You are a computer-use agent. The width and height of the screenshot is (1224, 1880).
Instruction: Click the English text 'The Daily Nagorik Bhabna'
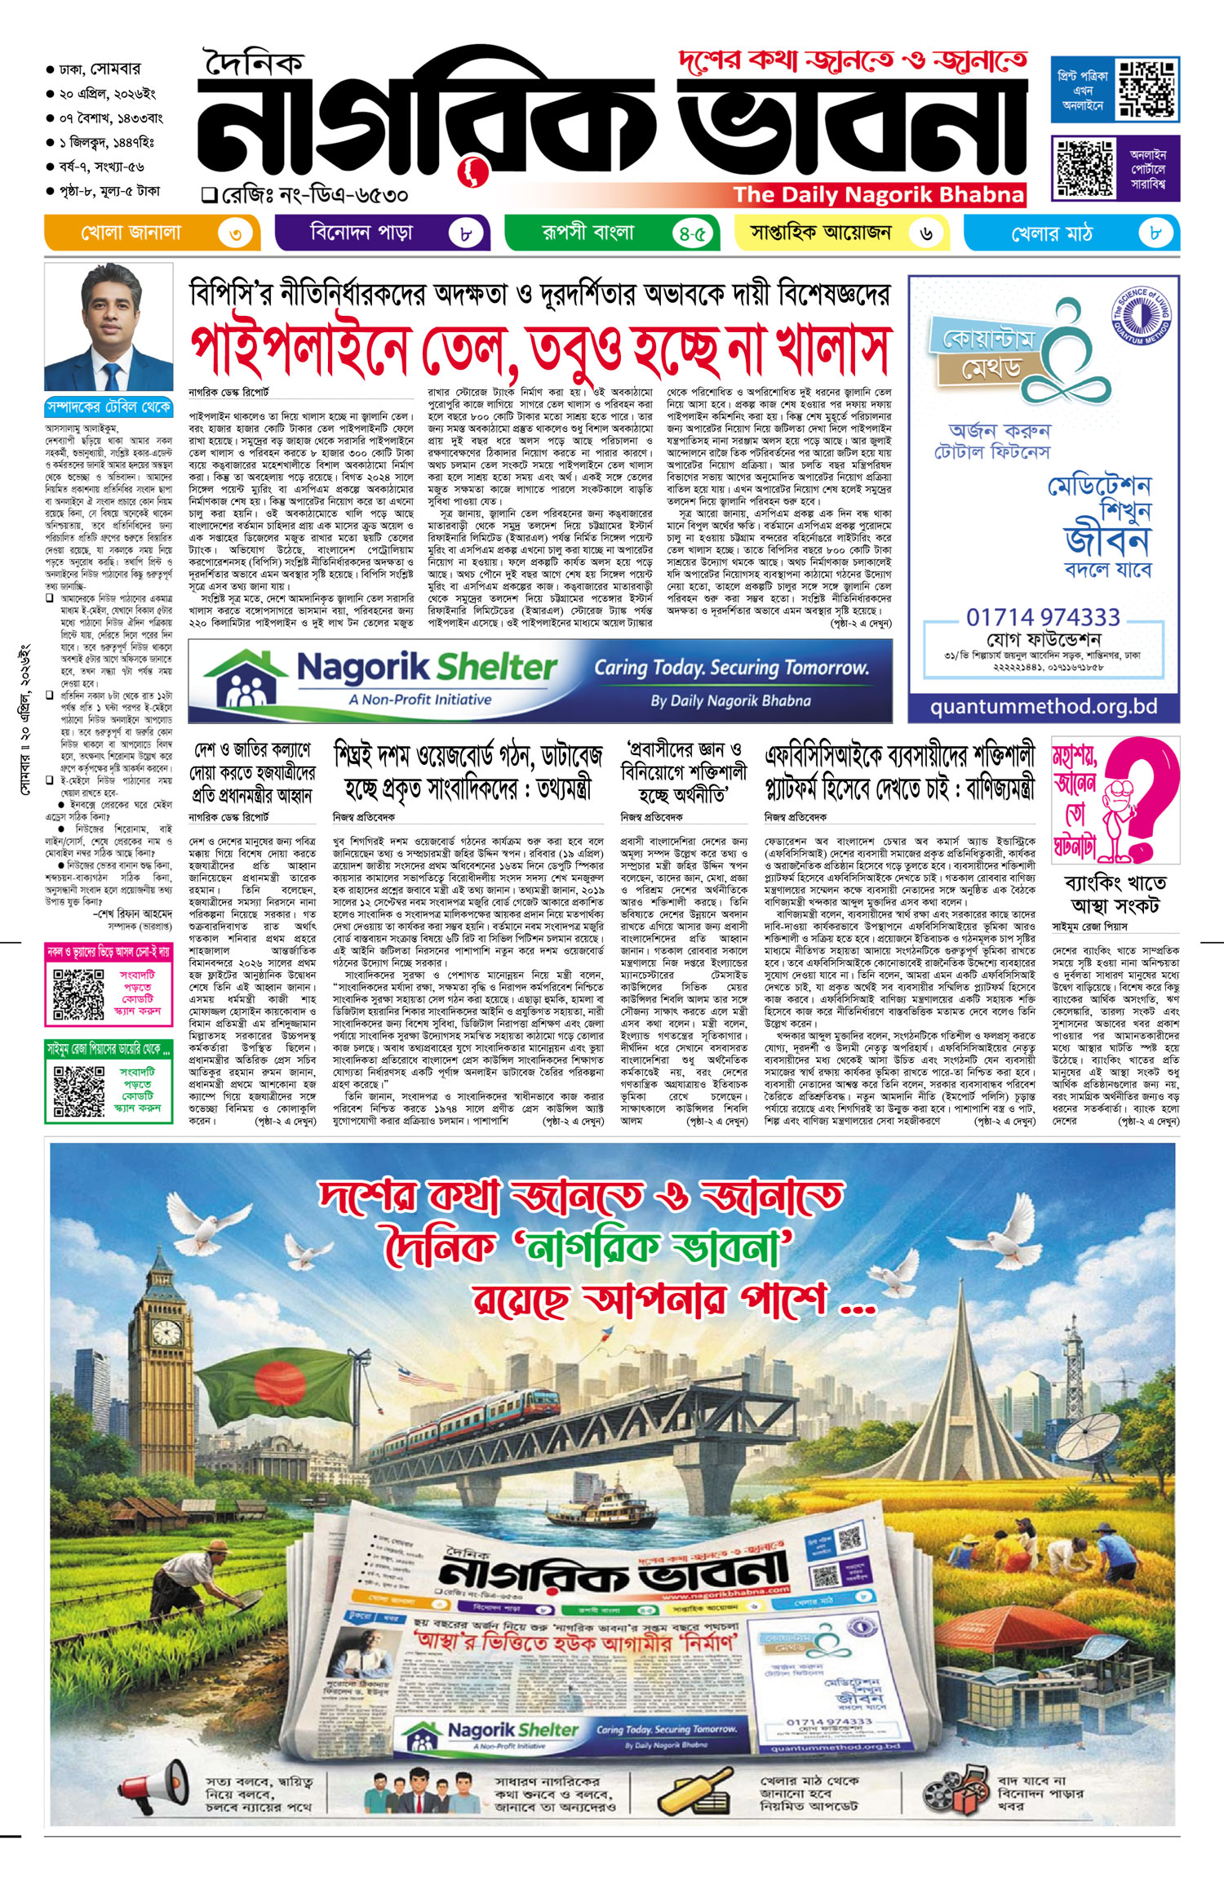pyautogui.click(x=877, y=194)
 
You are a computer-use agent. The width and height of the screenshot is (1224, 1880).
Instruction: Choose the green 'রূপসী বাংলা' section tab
pyautogui.click(x=588, y=233)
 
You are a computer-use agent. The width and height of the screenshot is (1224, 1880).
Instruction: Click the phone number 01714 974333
pyautogui.click(x=1043, y=617)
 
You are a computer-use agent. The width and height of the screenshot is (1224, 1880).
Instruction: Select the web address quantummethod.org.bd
pyautogui.click(x=1044, y=707)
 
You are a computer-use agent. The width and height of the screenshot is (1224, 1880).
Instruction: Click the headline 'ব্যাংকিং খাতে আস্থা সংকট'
pyautogui.click(x=1115, y=893)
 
